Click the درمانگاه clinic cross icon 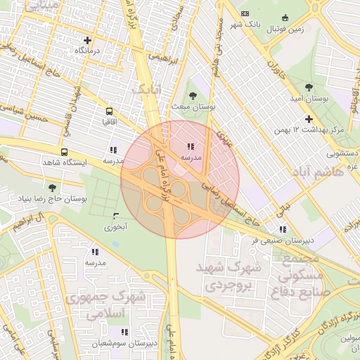tap(87, 40)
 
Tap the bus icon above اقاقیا tap(109, 111)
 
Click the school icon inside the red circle tap(190, 147)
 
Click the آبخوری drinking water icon tap(116, 215)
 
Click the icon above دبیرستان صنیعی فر tap(282, 229)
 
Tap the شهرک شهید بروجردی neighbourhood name tap(233, 277)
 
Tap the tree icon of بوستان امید tap(308, 86)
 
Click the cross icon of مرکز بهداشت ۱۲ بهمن tap(309, 119)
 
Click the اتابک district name tap(147, 89)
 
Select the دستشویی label tap(342, 152)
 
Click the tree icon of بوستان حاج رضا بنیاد tap(52, 188)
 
